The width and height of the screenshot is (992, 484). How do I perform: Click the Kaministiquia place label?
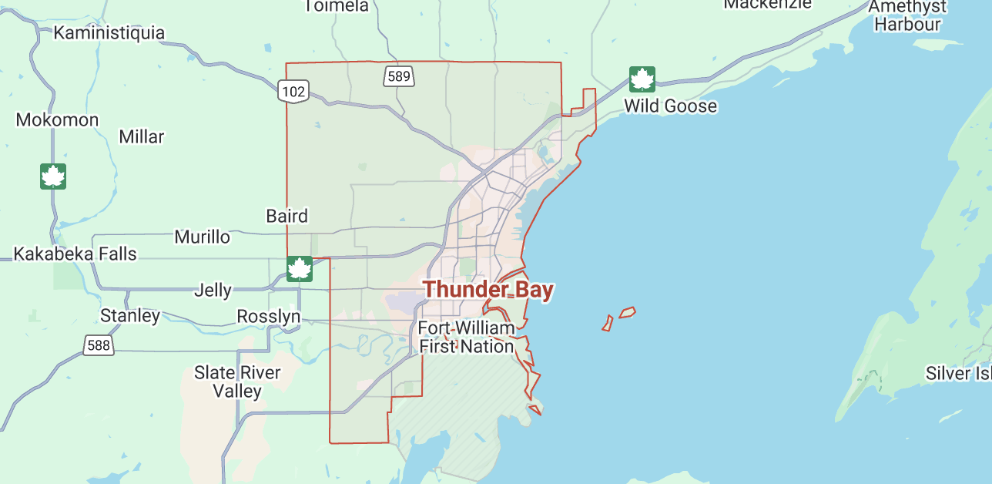tap(109, 33)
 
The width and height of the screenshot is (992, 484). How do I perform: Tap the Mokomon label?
tap(58, 120)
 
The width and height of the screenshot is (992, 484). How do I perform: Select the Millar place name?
tap(142, 137)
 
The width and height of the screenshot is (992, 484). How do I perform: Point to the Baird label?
tap(287, 216)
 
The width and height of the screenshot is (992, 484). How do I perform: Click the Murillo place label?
tap(202, 237)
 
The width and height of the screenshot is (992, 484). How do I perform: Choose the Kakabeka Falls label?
tap(75, 254)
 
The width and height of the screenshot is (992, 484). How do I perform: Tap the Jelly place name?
tap(213, 291)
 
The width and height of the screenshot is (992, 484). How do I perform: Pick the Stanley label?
tap(130, 315)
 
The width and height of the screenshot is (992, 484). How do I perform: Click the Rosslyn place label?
tap(268, 317)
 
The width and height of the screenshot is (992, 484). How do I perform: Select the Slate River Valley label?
tap(237, 381)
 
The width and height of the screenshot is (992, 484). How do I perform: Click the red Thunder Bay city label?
tap(488, 290)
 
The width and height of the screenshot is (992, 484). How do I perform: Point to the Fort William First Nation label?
tap(466, 338)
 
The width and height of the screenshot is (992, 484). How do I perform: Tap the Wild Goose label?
tap(670, 106)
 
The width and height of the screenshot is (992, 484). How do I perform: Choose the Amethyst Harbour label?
tap(907, 15)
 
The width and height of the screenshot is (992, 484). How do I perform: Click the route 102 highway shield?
tap(294, 92)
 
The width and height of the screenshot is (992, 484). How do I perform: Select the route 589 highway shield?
tap(399, 76)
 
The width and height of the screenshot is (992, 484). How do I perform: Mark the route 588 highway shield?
tap(99, 345)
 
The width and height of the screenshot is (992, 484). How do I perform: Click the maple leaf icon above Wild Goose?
tap(642, 79)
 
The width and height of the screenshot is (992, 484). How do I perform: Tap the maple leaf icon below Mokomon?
tap(53, 176)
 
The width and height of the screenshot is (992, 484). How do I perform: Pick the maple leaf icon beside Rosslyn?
tap(299, 269)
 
